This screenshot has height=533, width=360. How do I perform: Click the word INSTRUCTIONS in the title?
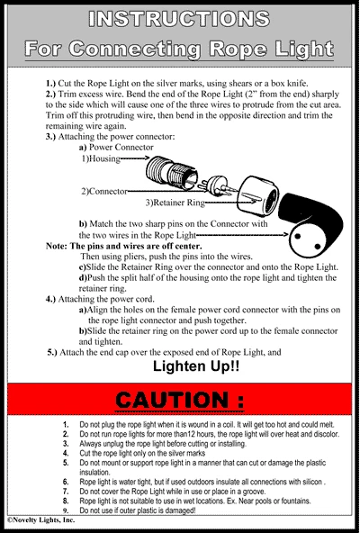click(179, 19)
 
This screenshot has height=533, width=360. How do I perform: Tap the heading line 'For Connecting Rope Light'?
click(179, 49)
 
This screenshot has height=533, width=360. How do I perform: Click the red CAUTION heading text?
click(179, 400)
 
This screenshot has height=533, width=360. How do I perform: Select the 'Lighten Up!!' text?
click(196, 366)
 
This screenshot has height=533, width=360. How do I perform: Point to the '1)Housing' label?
click(101, 158)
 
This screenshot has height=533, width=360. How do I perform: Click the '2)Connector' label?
click(104, 192)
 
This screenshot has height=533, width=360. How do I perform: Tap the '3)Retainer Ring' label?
click(175, 203)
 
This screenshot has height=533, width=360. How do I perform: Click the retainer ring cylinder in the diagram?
click(258, 197)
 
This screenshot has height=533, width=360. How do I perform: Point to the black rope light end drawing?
click(311, 225)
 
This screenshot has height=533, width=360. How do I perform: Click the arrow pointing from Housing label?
click(135, 158)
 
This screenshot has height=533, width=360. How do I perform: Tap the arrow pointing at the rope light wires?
click(242, 235)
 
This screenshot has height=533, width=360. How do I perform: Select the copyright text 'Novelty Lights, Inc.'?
click(41, 520)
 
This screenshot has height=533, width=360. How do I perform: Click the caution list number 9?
click(66, 510)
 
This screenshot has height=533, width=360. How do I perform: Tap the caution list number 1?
click(66, 425)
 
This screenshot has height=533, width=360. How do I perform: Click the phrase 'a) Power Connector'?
click(116, 147)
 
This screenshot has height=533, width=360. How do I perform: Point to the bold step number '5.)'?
click(53, 352)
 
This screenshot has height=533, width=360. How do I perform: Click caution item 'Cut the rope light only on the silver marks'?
click(142, 453)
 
